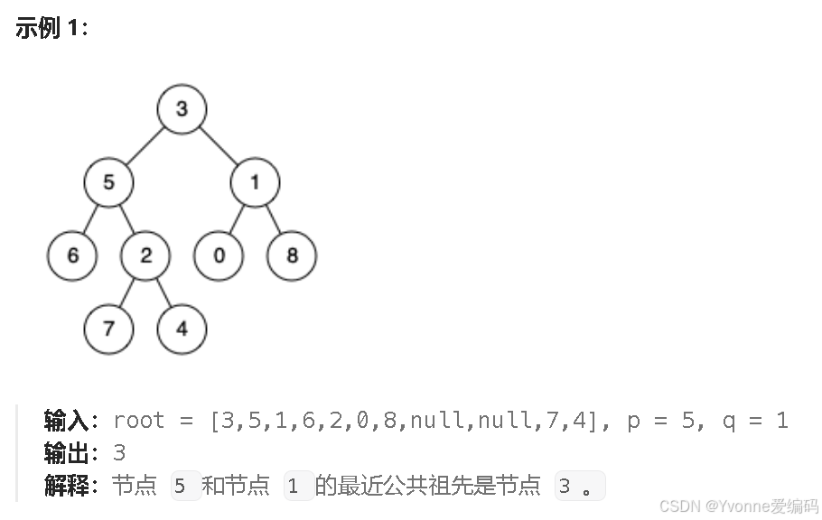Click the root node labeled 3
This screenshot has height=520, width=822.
[x=182, y=109]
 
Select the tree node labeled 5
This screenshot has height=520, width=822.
[x=108, y=182]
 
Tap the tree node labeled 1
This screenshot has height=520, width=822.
[x=254, y=182]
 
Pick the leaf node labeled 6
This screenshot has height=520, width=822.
[x=72, y=255]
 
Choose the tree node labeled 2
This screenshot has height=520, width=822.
[x=145, y=255]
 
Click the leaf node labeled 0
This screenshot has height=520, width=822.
[x=219, y=255]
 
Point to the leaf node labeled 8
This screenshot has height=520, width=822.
[x=292, y=255]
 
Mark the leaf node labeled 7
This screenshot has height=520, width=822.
[x=108, y=329]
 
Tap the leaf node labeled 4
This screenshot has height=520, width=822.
[x=182, y=329]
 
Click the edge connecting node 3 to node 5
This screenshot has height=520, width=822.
[x=145, y=146]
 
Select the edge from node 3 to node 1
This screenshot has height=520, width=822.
[x=218, y=146]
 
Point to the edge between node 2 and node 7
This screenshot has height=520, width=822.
[x=127, y=292]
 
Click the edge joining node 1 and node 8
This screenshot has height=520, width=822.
[x=273, y=219]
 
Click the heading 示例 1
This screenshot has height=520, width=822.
[x=51, y=28]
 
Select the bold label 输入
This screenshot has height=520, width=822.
[x=66, y=421]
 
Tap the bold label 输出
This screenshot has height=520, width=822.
[x=66, y=453]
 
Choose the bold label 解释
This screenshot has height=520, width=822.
[x=66, y=487]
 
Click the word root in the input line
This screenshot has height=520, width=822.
[x=139, y=421]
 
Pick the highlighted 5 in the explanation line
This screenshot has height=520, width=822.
[x=181, y=487]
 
